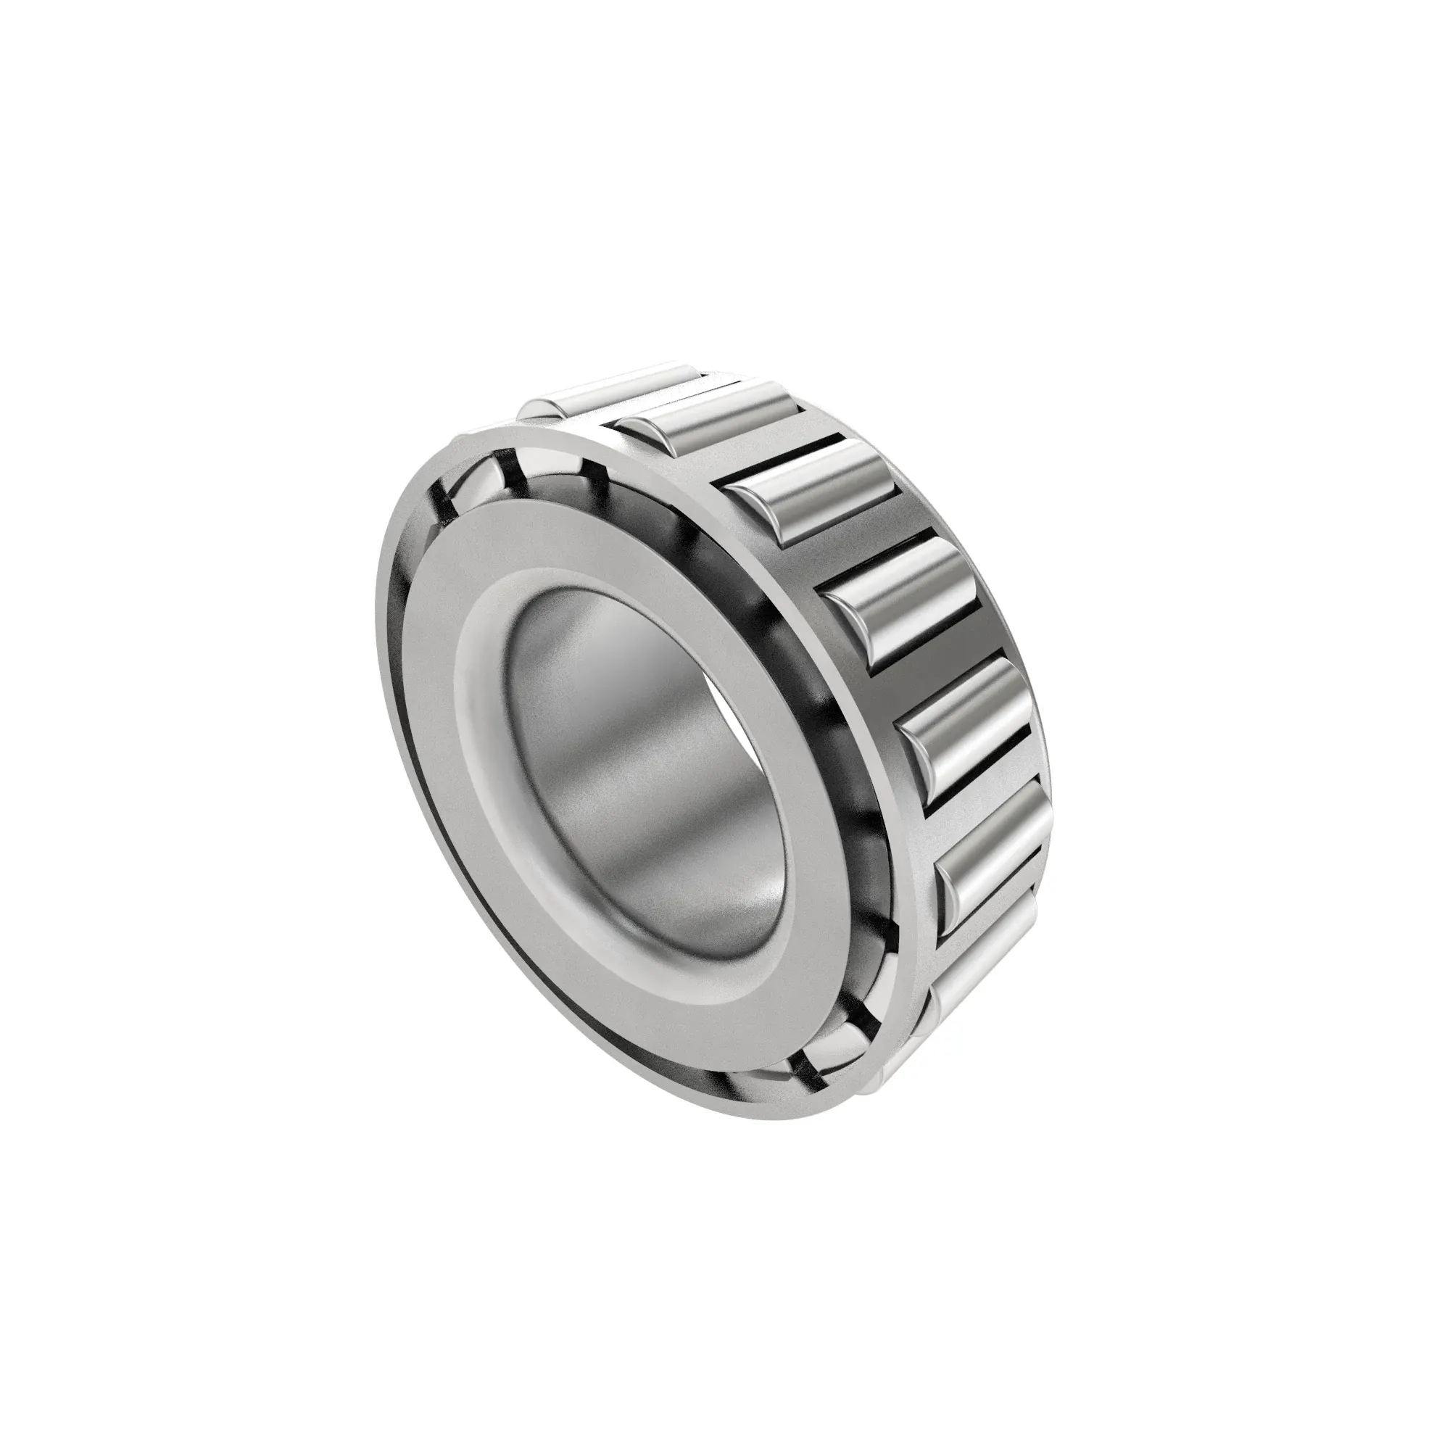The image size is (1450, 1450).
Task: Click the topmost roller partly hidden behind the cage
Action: [x=600, y=390]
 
